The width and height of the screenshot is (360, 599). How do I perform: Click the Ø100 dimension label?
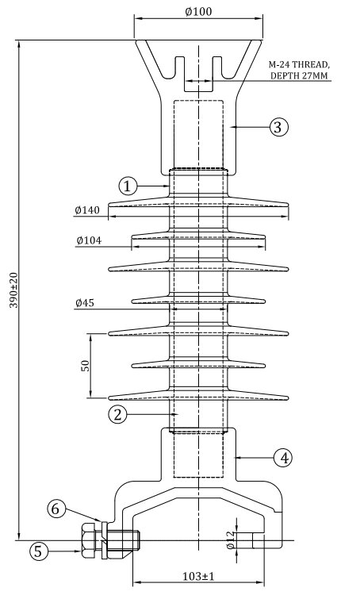198,11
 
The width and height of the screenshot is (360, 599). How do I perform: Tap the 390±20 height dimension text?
13,290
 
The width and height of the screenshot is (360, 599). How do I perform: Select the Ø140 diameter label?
87,209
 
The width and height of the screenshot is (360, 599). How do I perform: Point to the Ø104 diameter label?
89,240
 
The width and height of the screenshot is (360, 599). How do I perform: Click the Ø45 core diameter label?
85,303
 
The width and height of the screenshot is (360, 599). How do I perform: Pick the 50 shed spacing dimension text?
86,366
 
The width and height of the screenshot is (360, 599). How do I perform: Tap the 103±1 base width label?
198,576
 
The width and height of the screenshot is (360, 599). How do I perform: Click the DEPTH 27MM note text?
299,75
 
